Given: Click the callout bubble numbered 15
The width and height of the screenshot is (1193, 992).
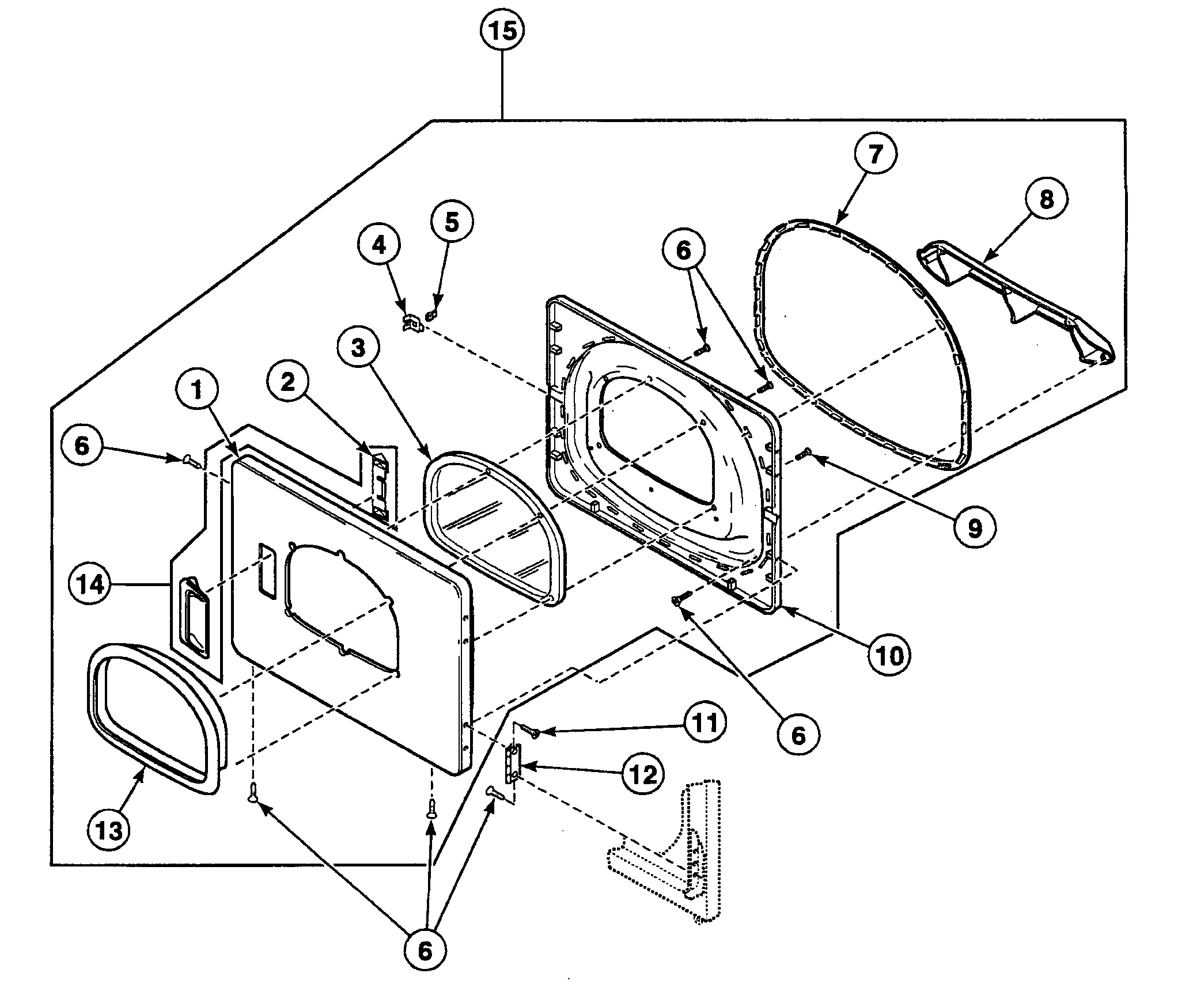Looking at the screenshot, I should (502, 32).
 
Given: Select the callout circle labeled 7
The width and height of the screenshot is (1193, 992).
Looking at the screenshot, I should (874, 155).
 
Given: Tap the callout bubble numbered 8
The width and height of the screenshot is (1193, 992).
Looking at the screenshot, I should (1046, 199).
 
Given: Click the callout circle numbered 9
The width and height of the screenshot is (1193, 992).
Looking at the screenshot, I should (974, 526).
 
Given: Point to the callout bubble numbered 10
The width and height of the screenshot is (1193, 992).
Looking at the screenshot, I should (890, 654).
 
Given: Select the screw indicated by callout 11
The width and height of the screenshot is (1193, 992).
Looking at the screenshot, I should (531, 731).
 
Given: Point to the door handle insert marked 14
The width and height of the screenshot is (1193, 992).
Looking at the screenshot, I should (193, 616).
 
